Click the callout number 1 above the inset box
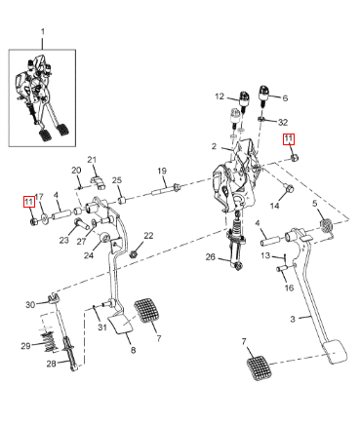(42, 32)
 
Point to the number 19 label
(162, 171)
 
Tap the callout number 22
(148, 236)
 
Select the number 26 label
(211, 257)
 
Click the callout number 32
(283, 122)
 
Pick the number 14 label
(275, 206)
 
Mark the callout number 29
(25, 346)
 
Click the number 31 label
(102, 327)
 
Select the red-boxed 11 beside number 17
(29, 202)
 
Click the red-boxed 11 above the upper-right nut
(289, 139)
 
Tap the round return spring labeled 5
(326, 226)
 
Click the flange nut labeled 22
(133, 253)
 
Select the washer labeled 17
(44, 218)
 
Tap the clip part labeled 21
(98, 182)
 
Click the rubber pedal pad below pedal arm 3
(259, 367)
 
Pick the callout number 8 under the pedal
(133, 350)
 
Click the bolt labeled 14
(289, 188)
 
